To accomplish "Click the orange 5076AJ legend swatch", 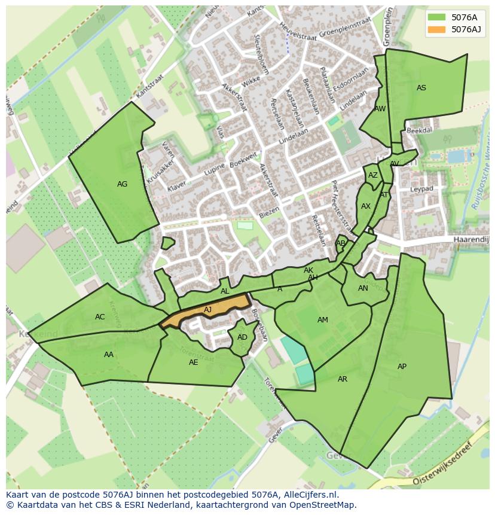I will coord(437,29).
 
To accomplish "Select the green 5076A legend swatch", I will coord(437,17).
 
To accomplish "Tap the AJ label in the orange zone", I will coord(208,309).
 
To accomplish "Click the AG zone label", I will coord(122,184).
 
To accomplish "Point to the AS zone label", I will coord(421,88).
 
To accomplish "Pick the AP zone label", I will coord(402,367).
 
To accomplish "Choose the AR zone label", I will coord(343,379).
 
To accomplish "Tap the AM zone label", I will coord(323,320).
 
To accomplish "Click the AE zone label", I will coord(193,362).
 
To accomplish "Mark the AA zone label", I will coord(109,355).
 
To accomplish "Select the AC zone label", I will coord(100,317).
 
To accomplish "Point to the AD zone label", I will coord(242,337).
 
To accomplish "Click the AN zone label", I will coord(363,288).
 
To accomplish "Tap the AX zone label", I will coord(366,206).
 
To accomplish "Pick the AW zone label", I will coord(380,109).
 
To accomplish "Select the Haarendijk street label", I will coord(471,239).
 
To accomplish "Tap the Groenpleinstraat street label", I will coord(346,27).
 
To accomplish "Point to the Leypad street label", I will coord(421,189).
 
